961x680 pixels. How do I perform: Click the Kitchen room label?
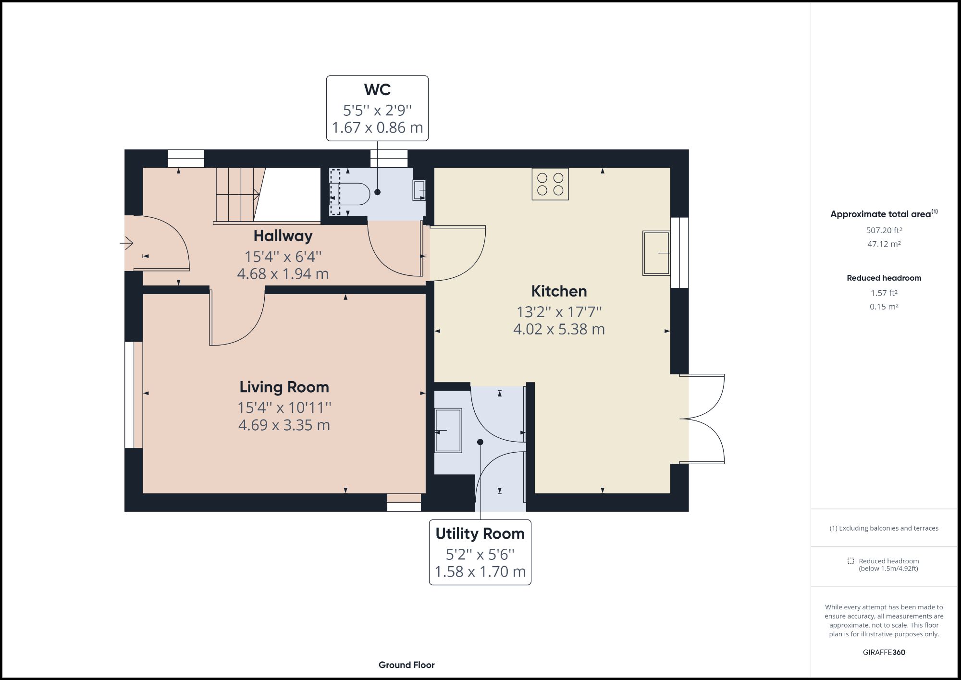click(559, 291)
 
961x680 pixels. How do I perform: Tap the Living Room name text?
click(284, 387)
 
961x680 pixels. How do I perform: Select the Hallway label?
click(283, 236)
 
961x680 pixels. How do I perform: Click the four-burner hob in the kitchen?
click(550, 184)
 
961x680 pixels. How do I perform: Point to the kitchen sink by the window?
click(656, 253)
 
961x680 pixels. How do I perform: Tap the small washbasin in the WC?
click(419, 190)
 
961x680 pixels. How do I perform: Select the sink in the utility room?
click(448, 431)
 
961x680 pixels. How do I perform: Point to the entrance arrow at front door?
click(126, 244)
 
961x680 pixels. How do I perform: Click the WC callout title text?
click(377, 90)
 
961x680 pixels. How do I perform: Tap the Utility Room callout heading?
click(480, 534)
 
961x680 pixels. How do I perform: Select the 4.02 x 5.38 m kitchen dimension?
click(559, 329)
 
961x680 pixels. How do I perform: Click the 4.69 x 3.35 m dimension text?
click(284, 425)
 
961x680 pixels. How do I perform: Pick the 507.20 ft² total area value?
click(884, 230)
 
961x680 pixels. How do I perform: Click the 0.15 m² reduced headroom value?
click(884, 307)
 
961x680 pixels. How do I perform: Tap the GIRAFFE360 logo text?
click(884, 652)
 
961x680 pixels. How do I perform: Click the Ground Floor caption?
click(407, 665)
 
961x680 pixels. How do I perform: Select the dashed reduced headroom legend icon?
click(851, 561)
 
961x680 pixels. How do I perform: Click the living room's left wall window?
click(129, 395)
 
